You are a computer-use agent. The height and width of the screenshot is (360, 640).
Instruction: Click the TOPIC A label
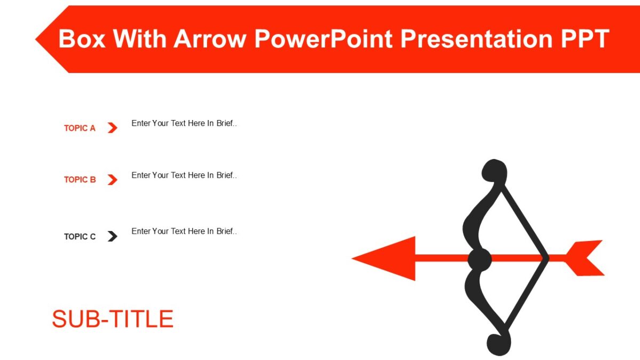pos(79,128)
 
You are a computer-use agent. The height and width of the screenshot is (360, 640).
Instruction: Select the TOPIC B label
pos(79,180)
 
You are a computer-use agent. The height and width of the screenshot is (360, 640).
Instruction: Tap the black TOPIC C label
pos(79,237)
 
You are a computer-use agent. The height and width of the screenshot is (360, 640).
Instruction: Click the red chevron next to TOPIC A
pos(112,128)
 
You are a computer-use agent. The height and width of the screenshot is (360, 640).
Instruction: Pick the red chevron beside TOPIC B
pos(112,180)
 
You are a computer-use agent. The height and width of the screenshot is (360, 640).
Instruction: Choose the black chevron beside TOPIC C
pos(112,236)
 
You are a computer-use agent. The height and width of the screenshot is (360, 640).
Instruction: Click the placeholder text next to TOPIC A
pos(184,123)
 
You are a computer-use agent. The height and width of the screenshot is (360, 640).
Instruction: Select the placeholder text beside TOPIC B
pos(184,175)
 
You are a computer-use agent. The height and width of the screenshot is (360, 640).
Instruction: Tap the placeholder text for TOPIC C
pos(184,231)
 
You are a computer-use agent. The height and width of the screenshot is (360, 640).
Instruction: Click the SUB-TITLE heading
pos(113,319)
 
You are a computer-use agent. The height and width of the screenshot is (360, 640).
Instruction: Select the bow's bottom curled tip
pos(499,344)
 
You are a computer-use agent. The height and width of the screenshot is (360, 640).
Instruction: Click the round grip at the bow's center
pos(479,260)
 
